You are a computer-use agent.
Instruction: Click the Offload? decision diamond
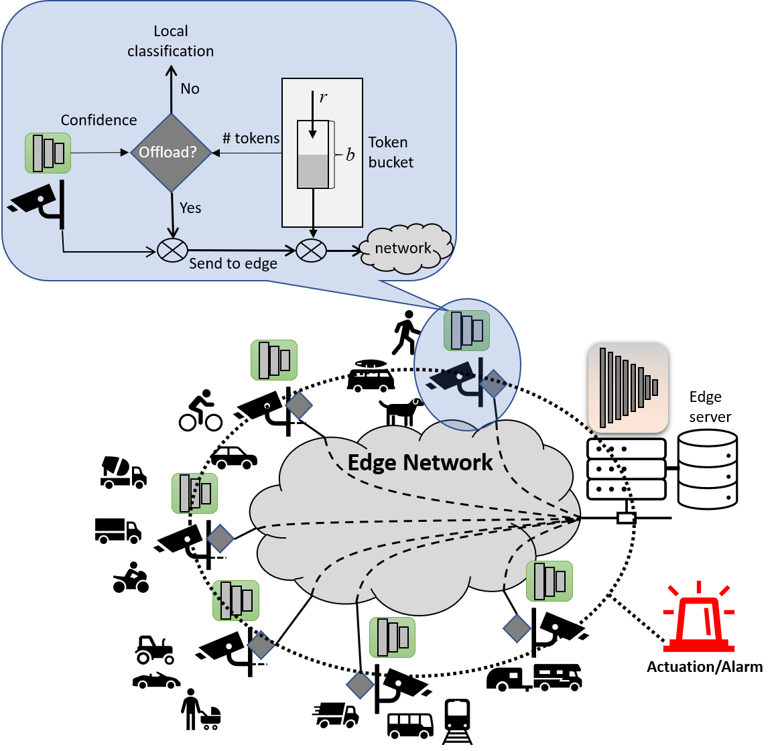pos(170,153)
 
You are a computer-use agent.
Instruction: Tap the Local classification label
pos(170,42)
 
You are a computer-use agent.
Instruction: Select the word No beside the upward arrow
pos(190,89)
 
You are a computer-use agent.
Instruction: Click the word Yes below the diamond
pos(190,208)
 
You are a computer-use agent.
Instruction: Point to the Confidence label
pos(99,121)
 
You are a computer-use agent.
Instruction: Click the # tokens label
pos(251,139)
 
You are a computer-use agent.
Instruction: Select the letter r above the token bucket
pos(323,98)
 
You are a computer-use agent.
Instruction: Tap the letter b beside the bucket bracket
pos(350,155)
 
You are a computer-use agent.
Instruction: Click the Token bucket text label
pos(390,153)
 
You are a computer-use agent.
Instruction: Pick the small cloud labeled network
pos(405,249)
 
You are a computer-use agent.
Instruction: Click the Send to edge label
pos(233,264)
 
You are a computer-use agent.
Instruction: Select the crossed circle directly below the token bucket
pos(312,251)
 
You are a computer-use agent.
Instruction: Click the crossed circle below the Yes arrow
pos(172,251)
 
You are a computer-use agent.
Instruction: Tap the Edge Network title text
pos(419,463)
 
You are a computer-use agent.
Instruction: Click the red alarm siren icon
pos(698,618)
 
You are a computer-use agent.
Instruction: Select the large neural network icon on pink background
pos(628,387)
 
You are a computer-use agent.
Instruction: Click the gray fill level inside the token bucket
pos(313,171)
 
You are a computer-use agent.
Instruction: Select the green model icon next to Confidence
pos(48,153)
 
